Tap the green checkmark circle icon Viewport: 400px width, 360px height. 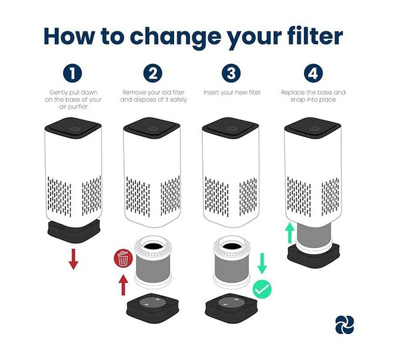tap(261, 289)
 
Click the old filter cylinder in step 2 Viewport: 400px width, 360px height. tap(154, 264)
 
